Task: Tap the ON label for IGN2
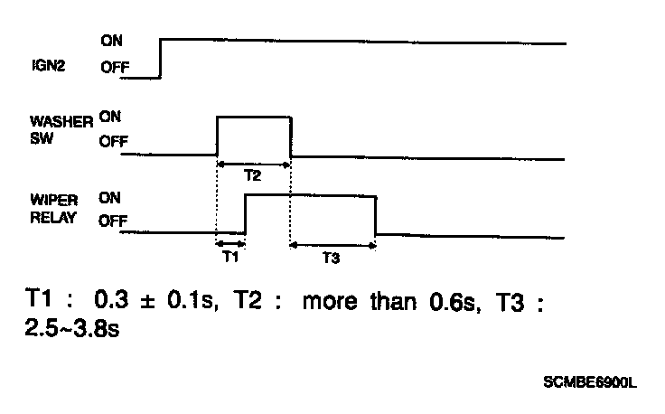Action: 113,41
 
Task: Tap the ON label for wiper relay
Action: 111,197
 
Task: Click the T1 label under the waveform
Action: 230,257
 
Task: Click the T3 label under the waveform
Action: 331,259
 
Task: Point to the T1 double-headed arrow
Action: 230,242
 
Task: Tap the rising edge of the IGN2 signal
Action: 160,60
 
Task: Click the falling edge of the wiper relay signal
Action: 376,214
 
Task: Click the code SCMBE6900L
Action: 590,382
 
